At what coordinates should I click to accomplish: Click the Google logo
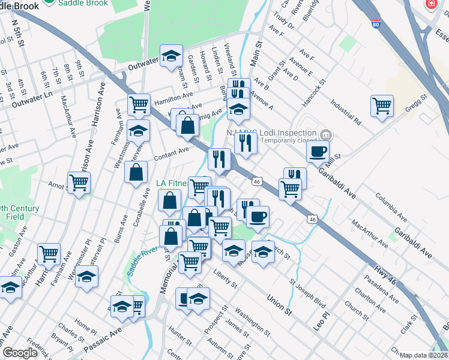point(20,353)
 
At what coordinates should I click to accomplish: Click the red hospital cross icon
point(431,4)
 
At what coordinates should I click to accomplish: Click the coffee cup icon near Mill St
point(318,151)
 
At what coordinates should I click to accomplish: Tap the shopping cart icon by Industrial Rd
point(382,106)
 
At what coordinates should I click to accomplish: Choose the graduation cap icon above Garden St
point(171,55)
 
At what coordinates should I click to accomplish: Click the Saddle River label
point(142,260)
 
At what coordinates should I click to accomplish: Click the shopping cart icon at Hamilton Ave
point(139,105)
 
